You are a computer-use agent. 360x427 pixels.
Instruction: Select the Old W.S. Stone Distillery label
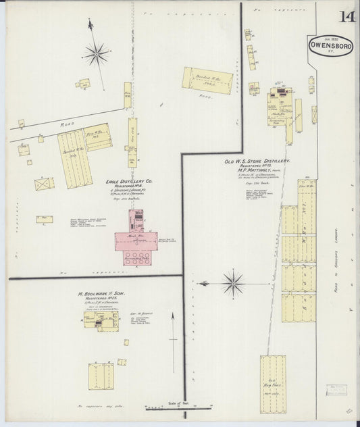257,161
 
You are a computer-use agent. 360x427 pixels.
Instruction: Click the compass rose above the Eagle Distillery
97,53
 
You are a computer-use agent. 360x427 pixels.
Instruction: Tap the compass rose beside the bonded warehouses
233,282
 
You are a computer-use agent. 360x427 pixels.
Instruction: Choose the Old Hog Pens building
273,383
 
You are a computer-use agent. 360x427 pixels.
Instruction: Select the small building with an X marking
44,183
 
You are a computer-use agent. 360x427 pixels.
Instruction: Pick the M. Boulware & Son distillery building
97,320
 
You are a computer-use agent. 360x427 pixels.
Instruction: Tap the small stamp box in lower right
334,391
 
